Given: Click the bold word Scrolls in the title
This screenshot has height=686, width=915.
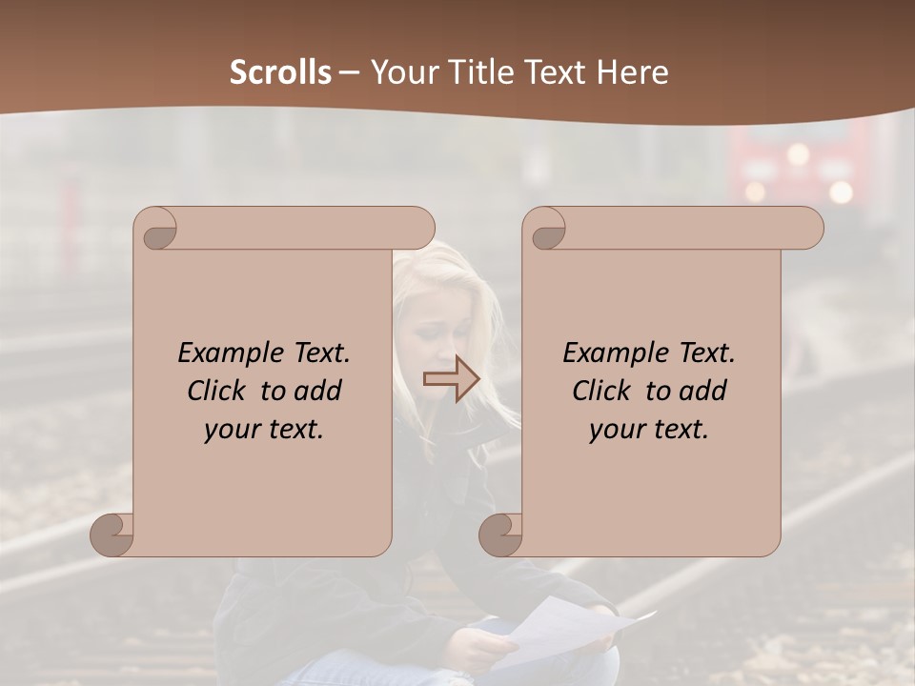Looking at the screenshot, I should (280, 72).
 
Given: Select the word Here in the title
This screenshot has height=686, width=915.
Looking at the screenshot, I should (633, 72).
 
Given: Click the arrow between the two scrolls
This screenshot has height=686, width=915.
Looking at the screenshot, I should (451, 379).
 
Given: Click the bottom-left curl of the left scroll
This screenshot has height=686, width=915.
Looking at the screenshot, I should (112, 535).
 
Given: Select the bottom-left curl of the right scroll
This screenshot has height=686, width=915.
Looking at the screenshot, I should (500, 535).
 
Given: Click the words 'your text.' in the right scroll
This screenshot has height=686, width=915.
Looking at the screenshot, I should (648, 429).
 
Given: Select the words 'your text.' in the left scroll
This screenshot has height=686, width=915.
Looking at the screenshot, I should (263, 429).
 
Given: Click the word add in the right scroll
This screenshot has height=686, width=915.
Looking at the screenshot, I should (703, 391).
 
